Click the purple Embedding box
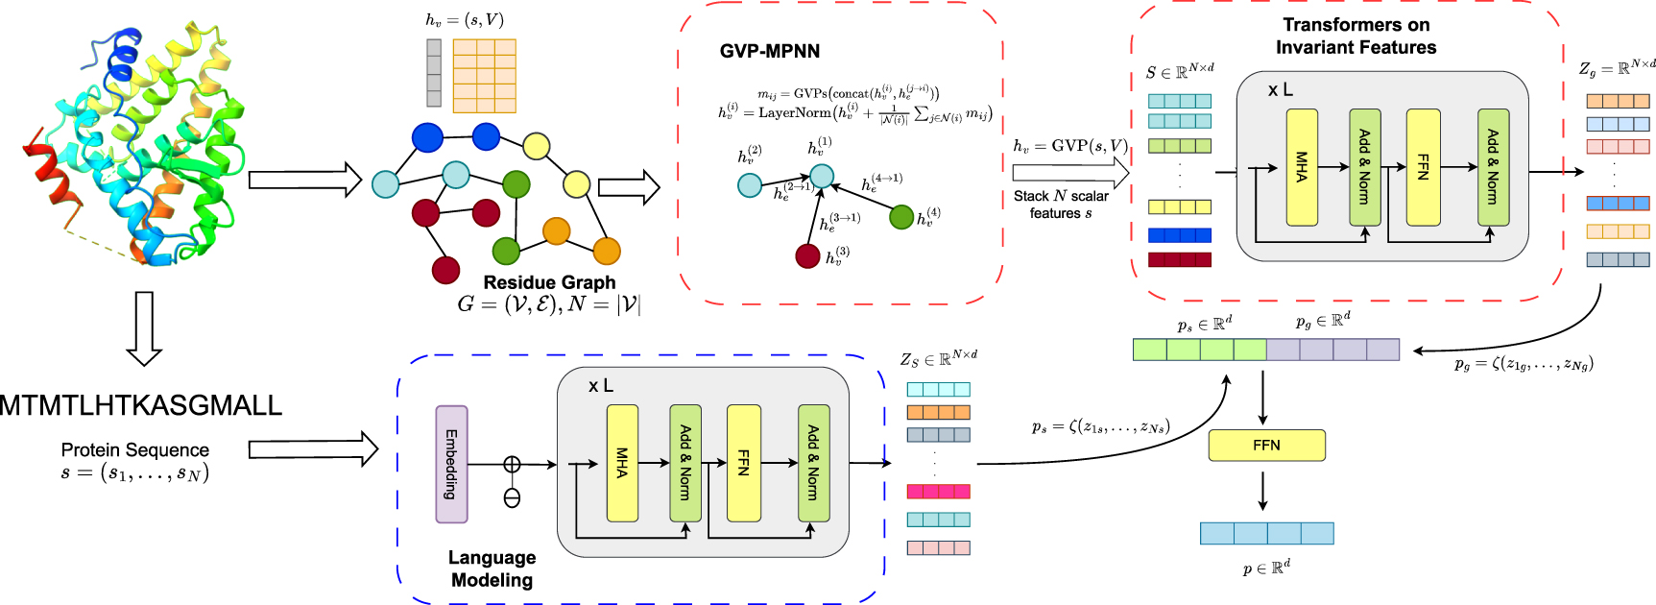tap(451, 464)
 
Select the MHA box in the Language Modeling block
tap(622, 463)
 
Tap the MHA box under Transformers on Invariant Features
tap(1302, 167)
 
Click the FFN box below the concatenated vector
tap(1266, 445)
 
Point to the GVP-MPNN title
tap(770, 52)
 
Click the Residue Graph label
tap(549, 282)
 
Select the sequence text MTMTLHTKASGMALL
tap(141, 405)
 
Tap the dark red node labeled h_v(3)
tap(807, 256)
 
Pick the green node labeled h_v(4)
tap(901, 217)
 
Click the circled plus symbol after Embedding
tap(512, 465)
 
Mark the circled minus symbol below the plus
tap(512, 497)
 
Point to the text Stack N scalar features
tap(1061, 205)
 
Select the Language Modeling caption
tap(492, 569)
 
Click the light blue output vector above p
tap(1266, 533)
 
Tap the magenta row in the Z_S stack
tap(938, 492)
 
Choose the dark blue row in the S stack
tap(1179, 235)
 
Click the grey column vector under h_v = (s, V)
tap(434, 73)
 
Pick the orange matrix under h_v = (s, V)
tap(484, 76)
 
